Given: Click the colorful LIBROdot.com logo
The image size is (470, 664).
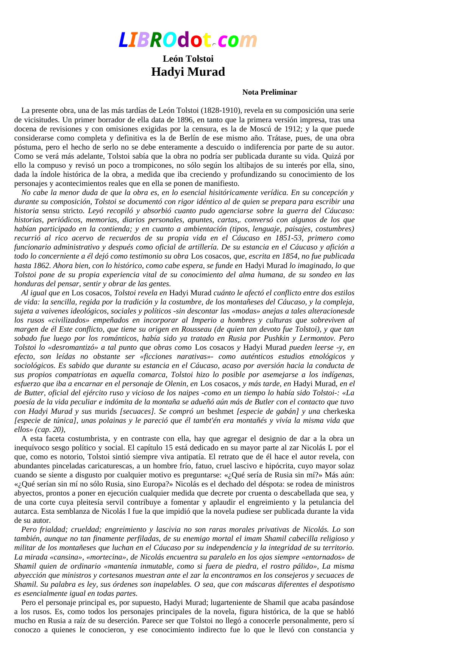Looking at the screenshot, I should click(x=188, y=40).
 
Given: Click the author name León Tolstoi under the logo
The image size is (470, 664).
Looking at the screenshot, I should click(x=188, y=59).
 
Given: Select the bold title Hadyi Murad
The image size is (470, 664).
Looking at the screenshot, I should click(x=188, y=72).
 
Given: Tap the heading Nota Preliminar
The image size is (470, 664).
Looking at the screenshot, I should click(x=270, y=92).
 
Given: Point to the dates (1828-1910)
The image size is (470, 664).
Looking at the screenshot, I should click(x=220, y=111).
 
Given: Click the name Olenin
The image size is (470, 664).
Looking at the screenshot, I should click(x=176, y=384).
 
